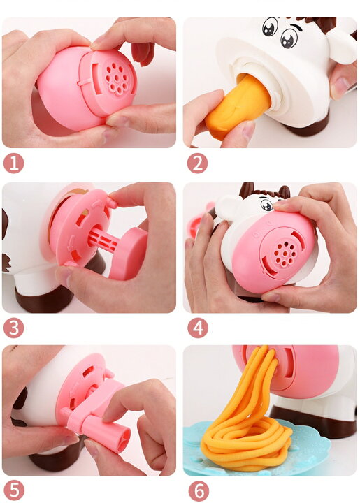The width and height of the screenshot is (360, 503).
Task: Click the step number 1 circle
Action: (x=13, y=163)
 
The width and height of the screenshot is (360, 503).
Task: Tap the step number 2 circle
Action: (x=197, y=163)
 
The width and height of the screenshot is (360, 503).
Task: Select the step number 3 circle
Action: (x=13, y=328)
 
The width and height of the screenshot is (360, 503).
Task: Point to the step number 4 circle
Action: (x=198, y=328)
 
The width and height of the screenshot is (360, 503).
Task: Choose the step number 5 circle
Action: (x=13, y=490)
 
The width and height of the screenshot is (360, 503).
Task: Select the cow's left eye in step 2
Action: (x=270, y=27)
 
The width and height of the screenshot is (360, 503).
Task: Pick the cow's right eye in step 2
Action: (x=289, y=38)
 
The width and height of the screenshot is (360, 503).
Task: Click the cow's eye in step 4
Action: (x=266, y=204)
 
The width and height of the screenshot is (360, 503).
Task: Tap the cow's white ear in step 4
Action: (x=229, y=207)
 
